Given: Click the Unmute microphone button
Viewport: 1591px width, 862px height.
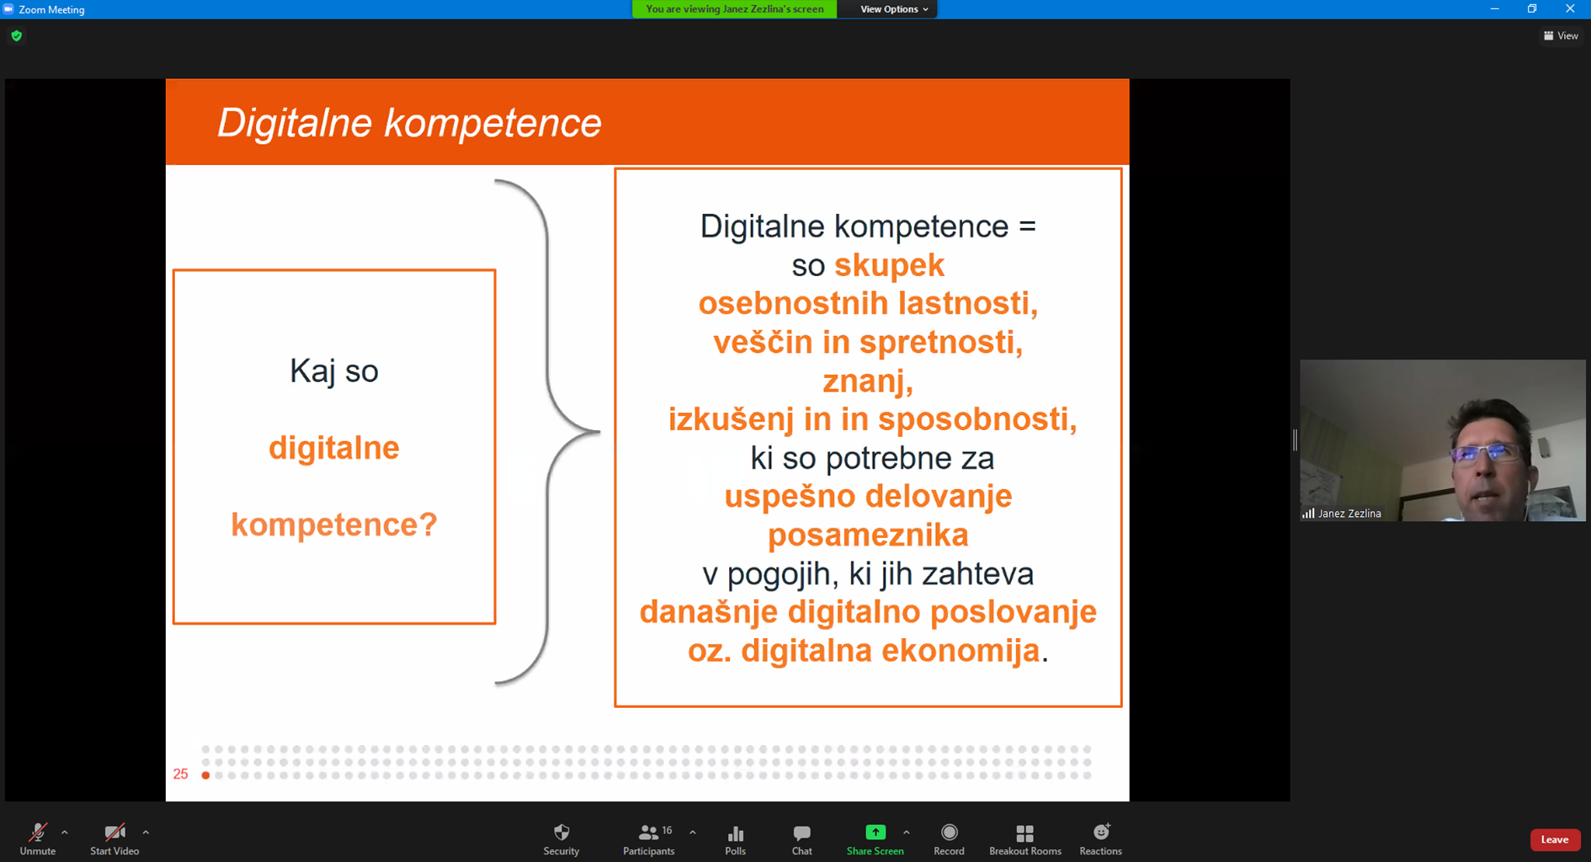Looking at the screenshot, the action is [x=38, y=839].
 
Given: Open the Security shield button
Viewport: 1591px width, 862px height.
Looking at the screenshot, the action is [x=561, y=839].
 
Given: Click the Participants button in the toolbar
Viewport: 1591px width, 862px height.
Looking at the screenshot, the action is [x=649, y=839].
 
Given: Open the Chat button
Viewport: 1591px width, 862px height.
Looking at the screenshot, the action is [x=802, y=839].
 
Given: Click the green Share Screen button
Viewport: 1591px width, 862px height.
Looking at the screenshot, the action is [x=875, y=839].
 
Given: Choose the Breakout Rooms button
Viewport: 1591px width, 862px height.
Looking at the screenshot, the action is [x=1025, y=839].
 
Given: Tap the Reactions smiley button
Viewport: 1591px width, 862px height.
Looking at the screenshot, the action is [x=1101, y=839].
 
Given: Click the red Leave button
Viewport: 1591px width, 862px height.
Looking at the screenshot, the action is [x=1555, y=839].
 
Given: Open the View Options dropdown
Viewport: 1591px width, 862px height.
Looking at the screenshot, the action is [x=894, y=9].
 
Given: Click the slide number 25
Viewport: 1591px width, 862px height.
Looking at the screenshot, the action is [x=181, y=774].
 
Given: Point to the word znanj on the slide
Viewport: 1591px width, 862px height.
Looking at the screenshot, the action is [x=868, y=381].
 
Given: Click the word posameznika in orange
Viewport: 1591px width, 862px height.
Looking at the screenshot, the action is [x=868, y=535].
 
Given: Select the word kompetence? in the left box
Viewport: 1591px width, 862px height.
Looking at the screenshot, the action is [x=334, y=525].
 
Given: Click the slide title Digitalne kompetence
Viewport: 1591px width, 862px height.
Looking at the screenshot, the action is [x=410, y=123].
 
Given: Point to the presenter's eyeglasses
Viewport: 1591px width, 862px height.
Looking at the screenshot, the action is [x=1487, y=454].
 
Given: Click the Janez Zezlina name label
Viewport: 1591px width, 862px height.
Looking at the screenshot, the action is [x=1349, y=513].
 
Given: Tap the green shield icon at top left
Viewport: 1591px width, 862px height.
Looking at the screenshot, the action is [x=17, y=36].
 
